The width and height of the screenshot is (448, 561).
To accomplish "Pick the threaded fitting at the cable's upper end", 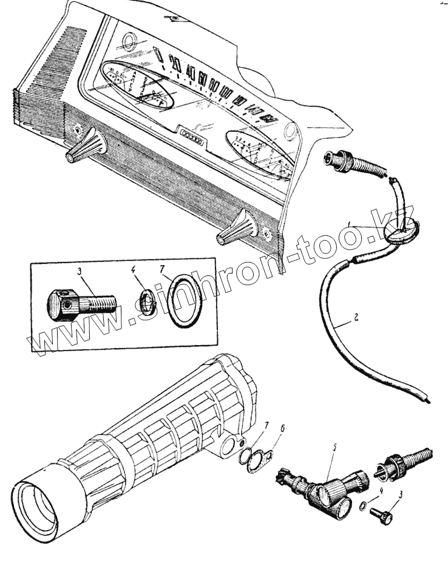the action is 350,164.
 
